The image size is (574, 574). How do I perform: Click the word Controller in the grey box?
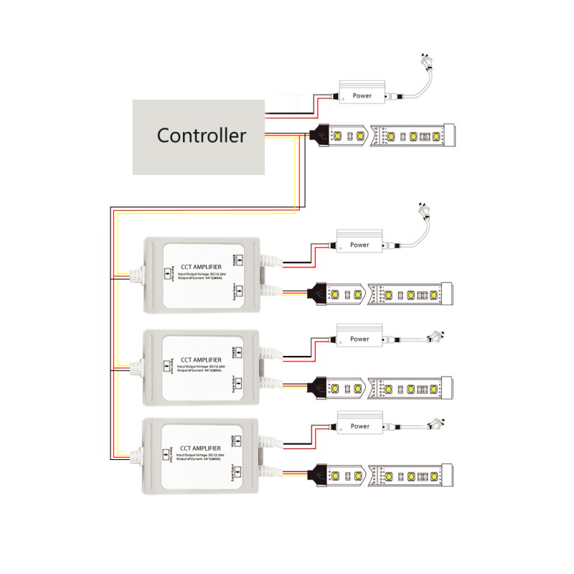pyautogui.click(x=202, y=135)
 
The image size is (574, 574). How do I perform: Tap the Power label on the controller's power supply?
pyautogui.click(x=362, y=95)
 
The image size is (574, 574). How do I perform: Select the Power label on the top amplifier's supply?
pyautogui.click(x=359, y=245)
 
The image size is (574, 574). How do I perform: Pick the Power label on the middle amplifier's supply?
pyautogui.click(x=359, y=339)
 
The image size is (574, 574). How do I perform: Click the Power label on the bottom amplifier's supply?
pyautogui.click(x=359, y=426)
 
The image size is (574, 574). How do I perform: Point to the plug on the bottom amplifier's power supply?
pyautogui.click(x=436, y=423)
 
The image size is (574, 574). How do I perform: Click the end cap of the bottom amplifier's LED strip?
pyautogui.click(x=448, y=474)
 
